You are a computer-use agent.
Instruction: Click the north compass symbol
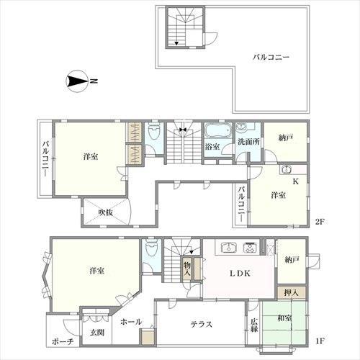(x=76, y=81)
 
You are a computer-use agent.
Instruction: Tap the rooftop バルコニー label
(x=271, y=58)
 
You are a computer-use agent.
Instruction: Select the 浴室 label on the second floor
(x=212, y=146)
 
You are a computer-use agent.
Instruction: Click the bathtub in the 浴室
(x=218, y=131)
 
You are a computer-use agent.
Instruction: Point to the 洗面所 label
(x=248, y=142)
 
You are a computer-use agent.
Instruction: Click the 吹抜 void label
(x=106, y=212)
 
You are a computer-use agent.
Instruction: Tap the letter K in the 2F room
(x=296, y=181)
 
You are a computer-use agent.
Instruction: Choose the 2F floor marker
(x=320, y=222)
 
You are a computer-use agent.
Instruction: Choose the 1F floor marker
(x=320, y=341)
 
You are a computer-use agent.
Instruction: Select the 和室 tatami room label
(x=284, y=318)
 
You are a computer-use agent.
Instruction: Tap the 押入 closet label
(x=291, y=292)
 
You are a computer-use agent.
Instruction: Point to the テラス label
(x=202, y=325)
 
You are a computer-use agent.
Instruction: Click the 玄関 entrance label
(x=97, y=333)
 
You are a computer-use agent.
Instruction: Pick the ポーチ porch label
(x=63, y=342)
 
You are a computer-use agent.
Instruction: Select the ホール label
(x=131, y=322)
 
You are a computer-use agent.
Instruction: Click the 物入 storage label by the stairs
(x=187, y=269)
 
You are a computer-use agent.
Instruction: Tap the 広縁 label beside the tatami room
(x=254, y=325)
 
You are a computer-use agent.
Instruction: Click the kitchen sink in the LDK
(x=229, y=248)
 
